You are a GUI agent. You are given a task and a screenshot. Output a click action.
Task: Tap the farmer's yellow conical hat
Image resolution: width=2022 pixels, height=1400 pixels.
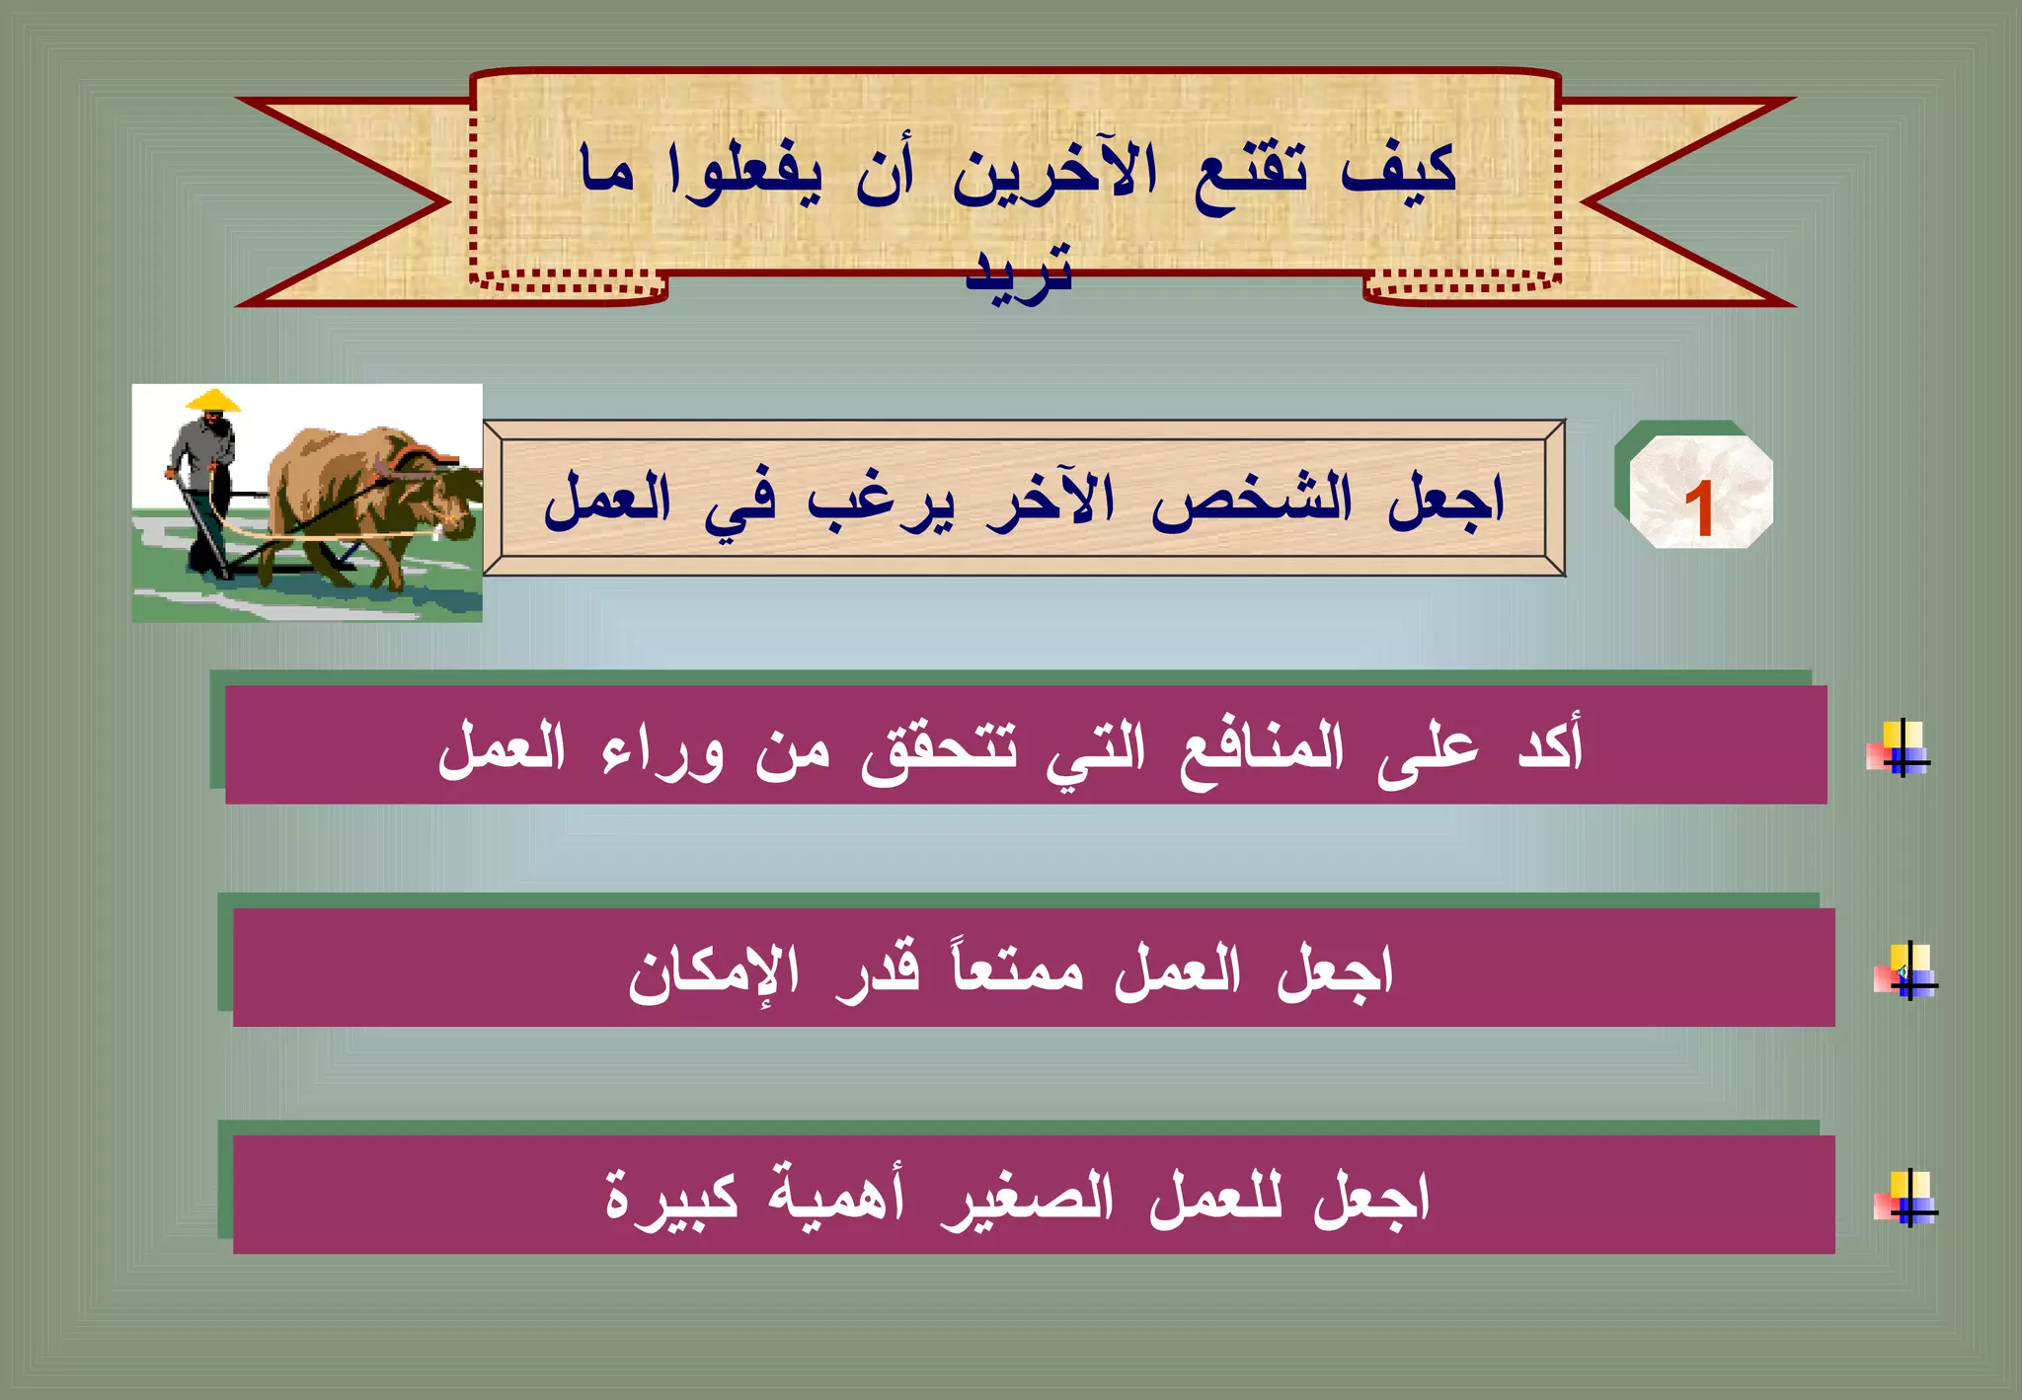pyautogui.click(x=213, y=401)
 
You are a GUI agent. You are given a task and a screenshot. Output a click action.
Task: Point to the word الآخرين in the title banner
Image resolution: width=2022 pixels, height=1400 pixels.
pyautogui.click(x=1053, y=174)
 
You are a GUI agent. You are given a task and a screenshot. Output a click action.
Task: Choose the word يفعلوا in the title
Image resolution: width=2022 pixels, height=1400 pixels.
pyautogui.click(x=744, y=174)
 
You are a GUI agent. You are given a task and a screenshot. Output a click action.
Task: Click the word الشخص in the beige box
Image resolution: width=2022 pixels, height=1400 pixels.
pyautogui.click(x=1251, y=499)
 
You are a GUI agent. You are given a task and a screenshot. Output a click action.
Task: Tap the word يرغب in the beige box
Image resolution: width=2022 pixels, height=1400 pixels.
pyautogui.click(x=881, y=502)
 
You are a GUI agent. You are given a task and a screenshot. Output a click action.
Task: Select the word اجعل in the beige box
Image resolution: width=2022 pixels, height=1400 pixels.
pyautogui.click(x=1445, y=499)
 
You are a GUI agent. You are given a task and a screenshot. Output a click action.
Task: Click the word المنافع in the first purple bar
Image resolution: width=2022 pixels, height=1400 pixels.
pyautogui.click(x=1262, y=747)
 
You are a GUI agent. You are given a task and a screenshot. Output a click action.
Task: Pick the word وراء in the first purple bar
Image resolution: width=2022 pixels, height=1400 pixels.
pyautogui.click(x=662, y=750)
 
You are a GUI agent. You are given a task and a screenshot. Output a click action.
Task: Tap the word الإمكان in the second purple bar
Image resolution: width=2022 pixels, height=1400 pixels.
pyautogui.click(x=713, y=972)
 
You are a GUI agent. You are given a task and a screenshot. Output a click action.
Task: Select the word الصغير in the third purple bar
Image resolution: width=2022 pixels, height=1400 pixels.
pyautogui.click(x=1027, y=1198)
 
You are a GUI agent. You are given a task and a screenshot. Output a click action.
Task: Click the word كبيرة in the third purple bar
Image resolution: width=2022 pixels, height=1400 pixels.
pyautogui.click(x=671, y=1198)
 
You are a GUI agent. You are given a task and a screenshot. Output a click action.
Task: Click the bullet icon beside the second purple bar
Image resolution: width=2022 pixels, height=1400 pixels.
pyautogui.click(x=1907, y=972)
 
